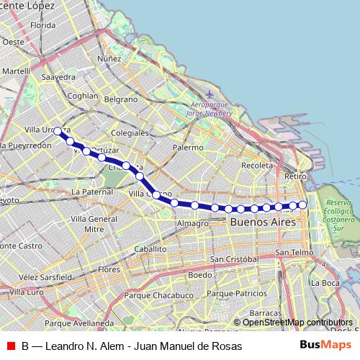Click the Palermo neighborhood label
(189, 147)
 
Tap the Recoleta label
(258, 165)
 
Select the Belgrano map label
(120, 99)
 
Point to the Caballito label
(150, 249)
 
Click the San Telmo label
(294, 253)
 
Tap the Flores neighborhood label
(109, 269)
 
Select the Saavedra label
(59, 76)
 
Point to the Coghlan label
(81, 95)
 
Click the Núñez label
(110, 58)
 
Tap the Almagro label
(192, 223)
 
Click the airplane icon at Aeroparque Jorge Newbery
(210, 94)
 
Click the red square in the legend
(10, 346)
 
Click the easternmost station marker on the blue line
(303, 205)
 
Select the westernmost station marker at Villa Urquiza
(58, 131)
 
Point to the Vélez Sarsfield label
(45, 276)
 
